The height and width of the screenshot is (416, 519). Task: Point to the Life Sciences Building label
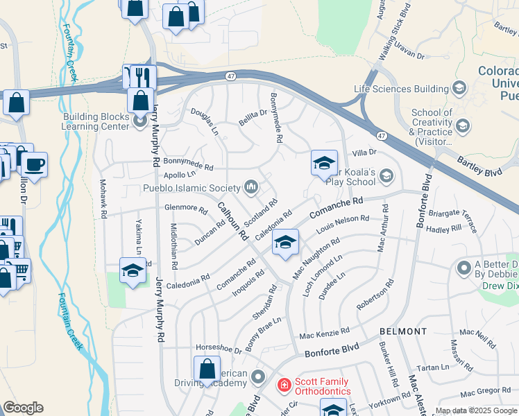pos(400,89)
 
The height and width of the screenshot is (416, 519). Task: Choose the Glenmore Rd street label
pos(186,208)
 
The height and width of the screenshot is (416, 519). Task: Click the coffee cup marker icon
pos(34,165)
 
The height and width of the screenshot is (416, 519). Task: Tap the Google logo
pos(23,408)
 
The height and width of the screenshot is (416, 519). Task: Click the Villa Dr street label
pos(364,152)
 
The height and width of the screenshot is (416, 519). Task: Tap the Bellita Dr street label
pos(253,114)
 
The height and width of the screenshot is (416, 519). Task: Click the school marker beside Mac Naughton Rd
pos(284,243)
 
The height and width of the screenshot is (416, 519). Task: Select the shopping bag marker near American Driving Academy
pos(207,369)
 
